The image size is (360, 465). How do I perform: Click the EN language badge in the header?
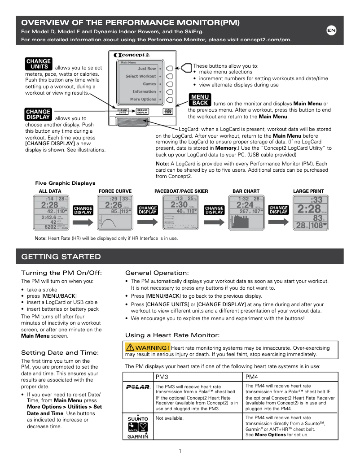[331, 30]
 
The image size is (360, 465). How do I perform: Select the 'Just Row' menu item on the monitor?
[146, 69]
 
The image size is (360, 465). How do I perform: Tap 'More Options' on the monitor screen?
[143, 99]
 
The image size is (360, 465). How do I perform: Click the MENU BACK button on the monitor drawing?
[168, 111]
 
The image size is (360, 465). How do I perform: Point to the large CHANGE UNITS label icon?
[39, 64]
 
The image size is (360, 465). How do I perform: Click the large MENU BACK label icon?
[200, 100]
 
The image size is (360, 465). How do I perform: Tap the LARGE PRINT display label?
[308, 191]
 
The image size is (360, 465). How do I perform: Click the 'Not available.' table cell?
[169, 418]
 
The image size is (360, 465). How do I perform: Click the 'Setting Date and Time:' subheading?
[60, 352]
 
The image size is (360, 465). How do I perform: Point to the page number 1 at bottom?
[180, 451]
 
